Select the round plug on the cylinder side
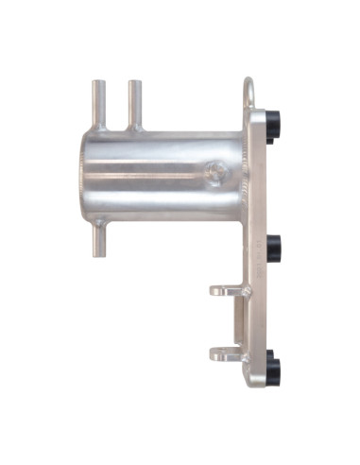tap(215, 173)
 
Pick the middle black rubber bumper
tap(275, 249)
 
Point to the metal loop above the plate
tap(249, 93)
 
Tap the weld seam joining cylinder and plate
tap(245, 175)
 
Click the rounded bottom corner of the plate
tap(256, 382)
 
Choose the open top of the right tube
tap(134, 82)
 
